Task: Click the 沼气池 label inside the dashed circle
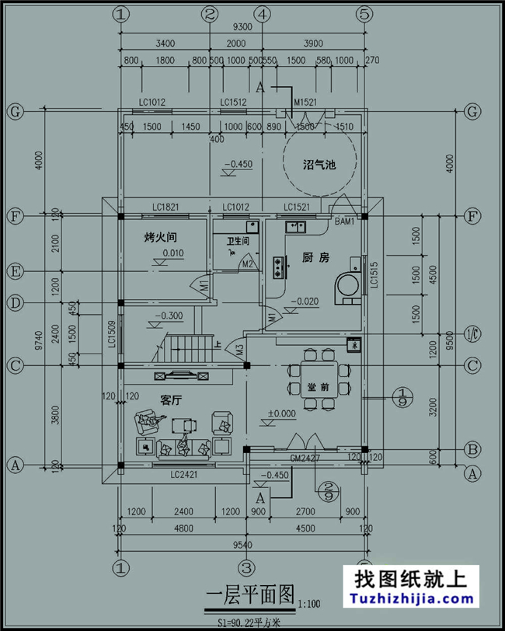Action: coord(319,164)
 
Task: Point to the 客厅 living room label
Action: coord(170,399)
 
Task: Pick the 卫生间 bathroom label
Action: coord(238,242)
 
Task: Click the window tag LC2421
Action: coord(185,475)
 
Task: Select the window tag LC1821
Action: coord(165,207)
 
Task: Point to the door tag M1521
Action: coord(306,103)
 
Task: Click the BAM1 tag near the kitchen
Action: coord(344,221)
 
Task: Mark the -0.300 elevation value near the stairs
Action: coord(169,316)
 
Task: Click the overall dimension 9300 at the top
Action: coord(242,26)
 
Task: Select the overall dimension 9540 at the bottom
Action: coord(242,545)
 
